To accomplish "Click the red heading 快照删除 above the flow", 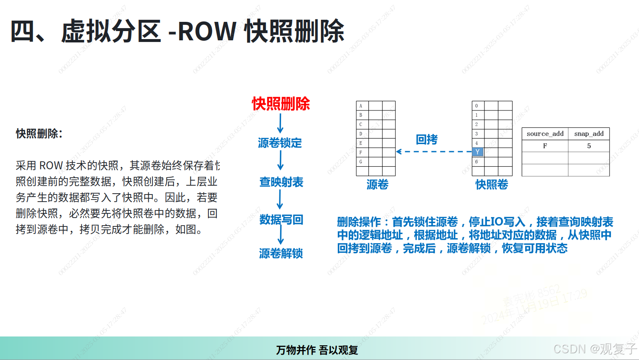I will tap(281, 104).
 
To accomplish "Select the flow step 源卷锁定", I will tap(280, 143).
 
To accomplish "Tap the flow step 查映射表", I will tap(281, 182).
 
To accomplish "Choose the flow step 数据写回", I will tap(281, 219).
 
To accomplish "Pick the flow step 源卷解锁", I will tap(281, 253).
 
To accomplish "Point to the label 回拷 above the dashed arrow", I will tap(426, 139).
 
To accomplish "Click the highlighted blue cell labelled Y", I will tap(478, 152).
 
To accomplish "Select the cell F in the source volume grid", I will tap(361, 152).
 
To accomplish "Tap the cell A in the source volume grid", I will tap(361, 106).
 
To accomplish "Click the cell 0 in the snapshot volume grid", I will tap(477, 106).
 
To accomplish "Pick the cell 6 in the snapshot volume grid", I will tap(477, 162).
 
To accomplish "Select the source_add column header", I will tap(545, 134).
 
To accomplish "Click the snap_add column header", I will tap(589, 134).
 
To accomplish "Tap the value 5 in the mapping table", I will tap(589, 146).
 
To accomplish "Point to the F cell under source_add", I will tap(545, 146).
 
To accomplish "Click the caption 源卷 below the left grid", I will tap(377, 184).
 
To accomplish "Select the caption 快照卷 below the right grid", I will tap(492, 184).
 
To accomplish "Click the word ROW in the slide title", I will tap(207, 31).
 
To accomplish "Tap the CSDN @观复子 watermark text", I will tap(595, 349).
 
